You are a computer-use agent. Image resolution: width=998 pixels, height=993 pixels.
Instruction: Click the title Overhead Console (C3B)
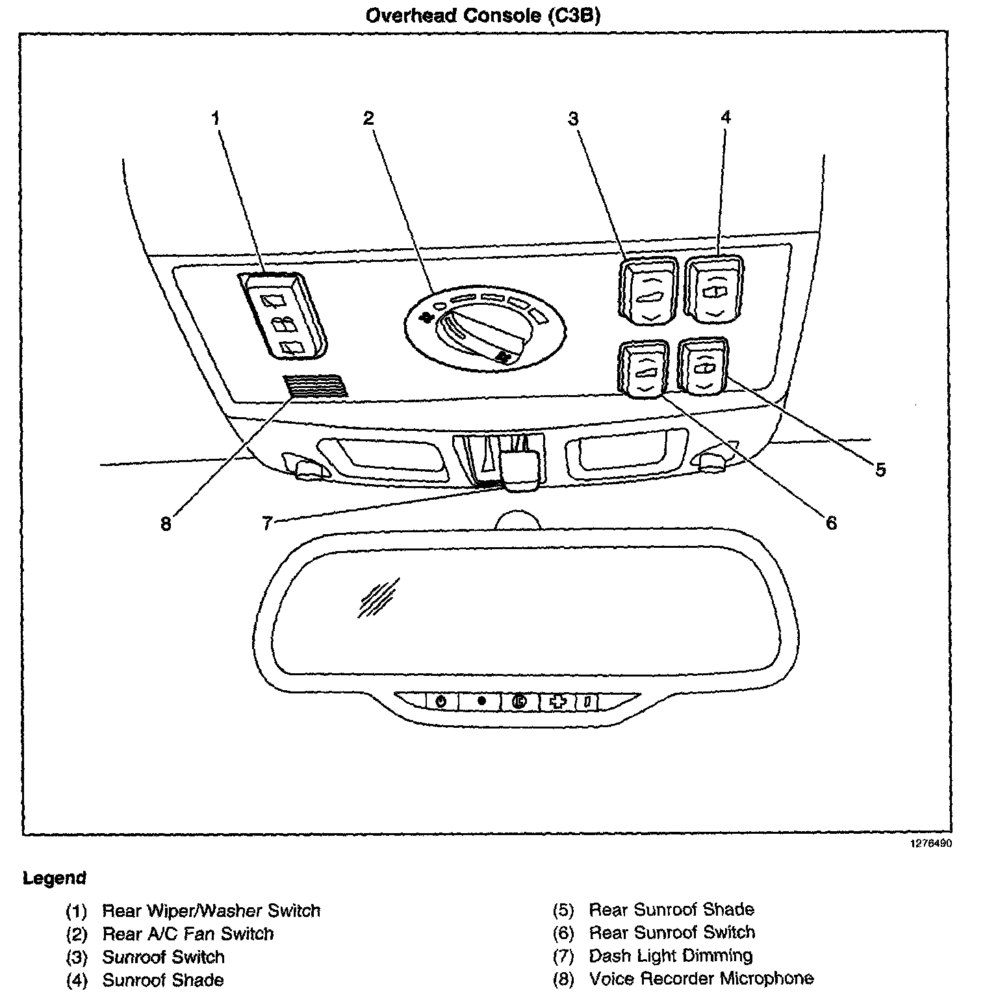[x=483, y=16]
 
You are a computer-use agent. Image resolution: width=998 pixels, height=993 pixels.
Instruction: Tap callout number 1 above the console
[x=216, y=118]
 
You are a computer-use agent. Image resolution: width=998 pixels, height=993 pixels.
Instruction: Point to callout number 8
[x=166, y=523]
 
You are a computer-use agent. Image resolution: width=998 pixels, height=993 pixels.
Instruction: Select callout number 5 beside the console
[x=880, y=469]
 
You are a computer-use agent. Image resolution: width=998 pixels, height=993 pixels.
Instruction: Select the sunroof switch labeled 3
[x=649, y=290]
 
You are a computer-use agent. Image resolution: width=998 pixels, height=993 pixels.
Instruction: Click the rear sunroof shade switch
[x=703, y=366]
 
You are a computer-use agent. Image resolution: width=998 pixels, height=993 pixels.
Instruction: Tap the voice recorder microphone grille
[x=314, y=385]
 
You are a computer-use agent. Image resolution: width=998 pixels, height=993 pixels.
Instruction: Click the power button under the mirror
[x=441, y=702]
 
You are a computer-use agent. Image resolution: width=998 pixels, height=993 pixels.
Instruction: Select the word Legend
[x=55, y=879]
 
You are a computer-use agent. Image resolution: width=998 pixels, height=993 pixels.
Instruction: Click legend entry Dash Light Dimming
[x=670, y=956]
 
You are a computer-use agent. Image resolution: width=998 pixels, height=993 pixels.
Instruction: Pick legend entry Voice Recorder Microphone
[x=700, y=979]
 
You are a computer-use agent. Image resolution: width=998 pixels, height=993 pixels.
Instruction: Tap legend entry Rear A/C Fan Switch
[x=188, y=934]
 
